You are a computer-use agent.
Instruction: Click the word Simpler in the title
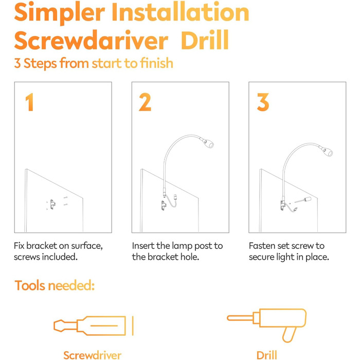tap(60, 13)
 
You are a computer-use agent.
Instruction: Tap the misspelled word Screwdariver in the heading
tap(91, 40)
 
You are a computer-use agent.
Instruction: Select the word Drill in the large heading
tap(205, 40)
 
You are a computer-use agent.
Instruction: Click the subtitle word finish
tap(157, 63)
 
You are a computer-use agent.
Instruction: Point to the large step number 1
tap(30, 102)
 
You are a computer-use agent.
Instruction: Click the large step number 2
tap(145, 102)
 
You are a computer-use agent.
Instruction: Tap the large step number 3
tap(263, 102)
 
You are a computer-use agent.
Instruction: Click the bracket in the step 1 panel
tap(53, 204)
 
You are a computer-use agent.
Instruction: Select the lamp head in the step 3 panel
tap(326, 151)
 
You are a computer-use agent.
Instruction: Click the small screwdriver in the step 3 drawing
tap(303, 200)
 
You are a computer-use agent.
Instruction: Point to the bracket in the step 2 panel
tap(164, 205)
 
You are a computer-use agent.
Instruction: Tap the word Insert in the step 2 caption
tap(143, 246)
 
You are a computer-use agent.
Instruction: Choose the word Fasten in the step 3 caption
tap(262, 246)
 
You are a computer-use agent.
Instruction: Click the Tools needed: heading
tap(55, 285)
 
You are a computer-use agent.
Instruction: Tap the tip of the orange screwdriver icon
tap(54, 326)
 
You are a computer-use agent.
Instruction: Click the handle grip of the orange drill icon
tap(289, 335)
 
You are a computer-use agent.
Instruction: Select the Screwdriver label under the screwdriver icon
tap(92, 355)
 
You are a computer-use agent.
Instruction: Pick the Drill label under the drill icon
tap(266, 355)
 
